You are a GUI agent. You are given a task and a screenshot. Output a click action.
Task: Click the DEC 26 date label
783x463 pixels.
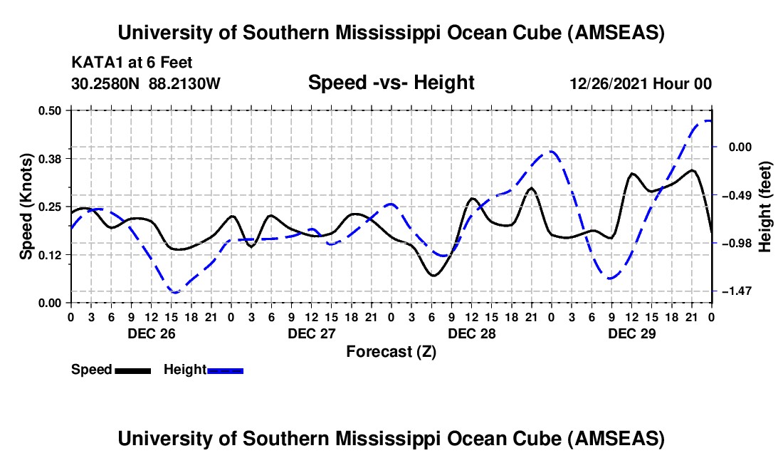[151, 333]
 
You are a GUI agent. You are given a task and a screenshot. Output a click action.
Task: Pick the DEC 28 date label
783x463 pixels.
[471, 333]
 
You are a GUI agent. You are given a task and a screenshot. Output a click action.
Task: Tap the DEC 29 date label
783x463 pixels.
[631, 333]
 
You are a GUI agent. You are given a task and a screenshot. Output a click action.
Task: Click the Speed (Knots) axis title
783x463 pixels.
[26, 207]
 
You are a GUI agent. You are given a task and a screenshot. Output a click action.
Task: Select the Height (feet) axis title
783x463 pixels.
[765, 207]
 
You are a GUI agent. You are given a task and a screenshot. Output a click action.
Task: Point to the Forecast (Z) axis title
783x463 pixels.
[391, 351]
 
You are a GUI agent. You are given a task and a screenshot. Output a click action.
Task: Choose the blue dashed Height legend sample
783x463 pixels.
[225, 370]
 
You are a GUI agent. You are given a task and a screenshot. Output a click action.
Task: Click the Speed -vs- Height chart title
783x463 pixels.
[391, 83]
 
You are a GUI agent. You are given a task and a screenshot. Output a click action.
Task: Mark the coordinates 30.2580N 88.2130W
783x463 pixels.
[146, 83]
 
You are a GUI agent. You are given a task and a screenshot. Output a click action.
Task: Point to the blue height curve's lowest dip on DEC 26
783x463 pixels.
[173, 292]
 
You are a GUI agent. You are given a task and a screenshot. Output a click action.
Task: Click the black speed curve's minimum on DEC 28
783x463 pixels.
[433, 275]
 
